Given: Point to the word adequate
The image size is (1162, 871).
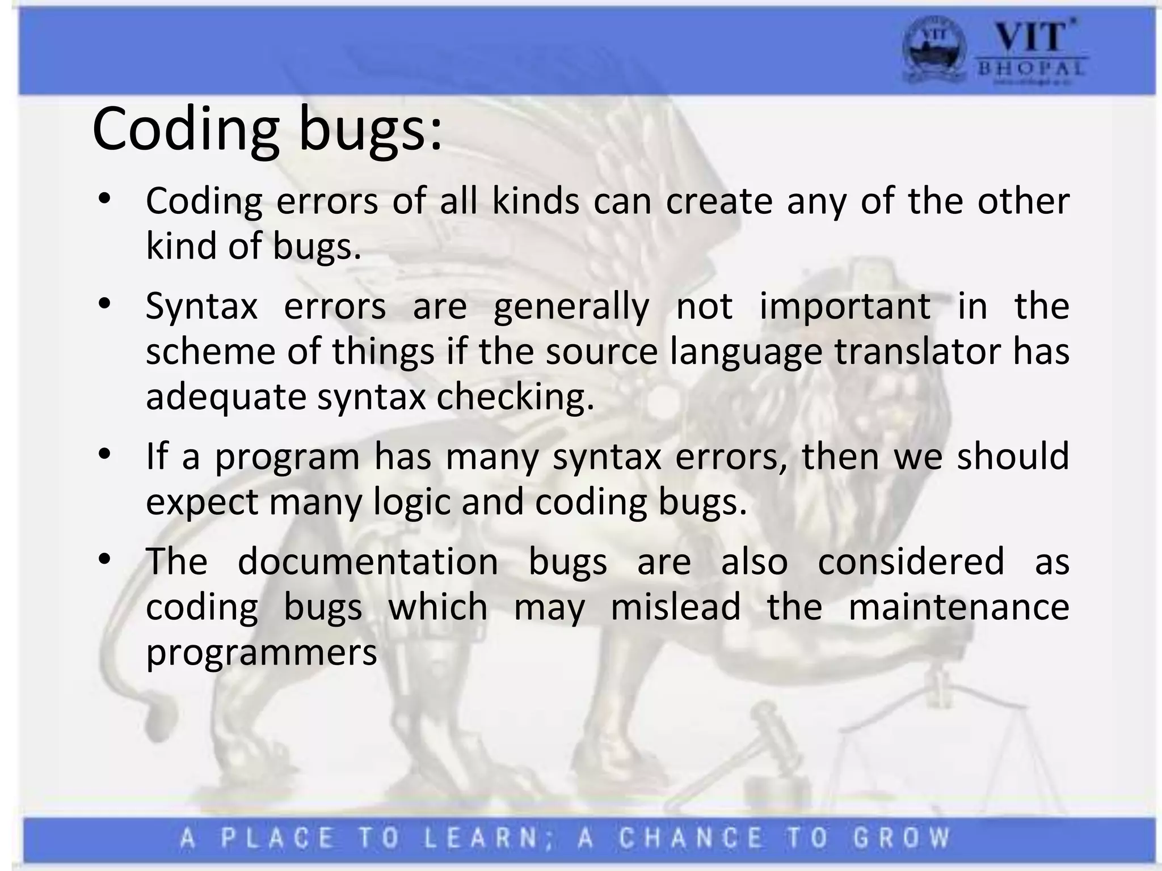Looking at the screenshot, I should [x=226, y=397].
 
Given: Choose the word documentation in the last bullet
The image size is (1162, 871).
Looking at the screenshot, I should [x=368, y=562].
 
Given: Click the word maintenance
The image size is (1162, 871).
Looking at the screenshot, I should [x=958, y=607].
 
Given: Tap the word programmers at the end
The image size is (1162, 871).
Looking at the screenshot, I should [x=262, y=653].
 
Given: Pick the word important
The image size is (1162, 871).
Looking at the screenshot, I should [x=845, y=306].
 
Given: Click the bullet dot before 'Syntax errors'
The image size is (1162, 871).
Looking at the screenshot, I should [x=103, y=305].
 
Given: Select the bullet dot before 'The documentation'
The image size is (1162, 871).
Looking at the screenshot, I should [x=103, y=560].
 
